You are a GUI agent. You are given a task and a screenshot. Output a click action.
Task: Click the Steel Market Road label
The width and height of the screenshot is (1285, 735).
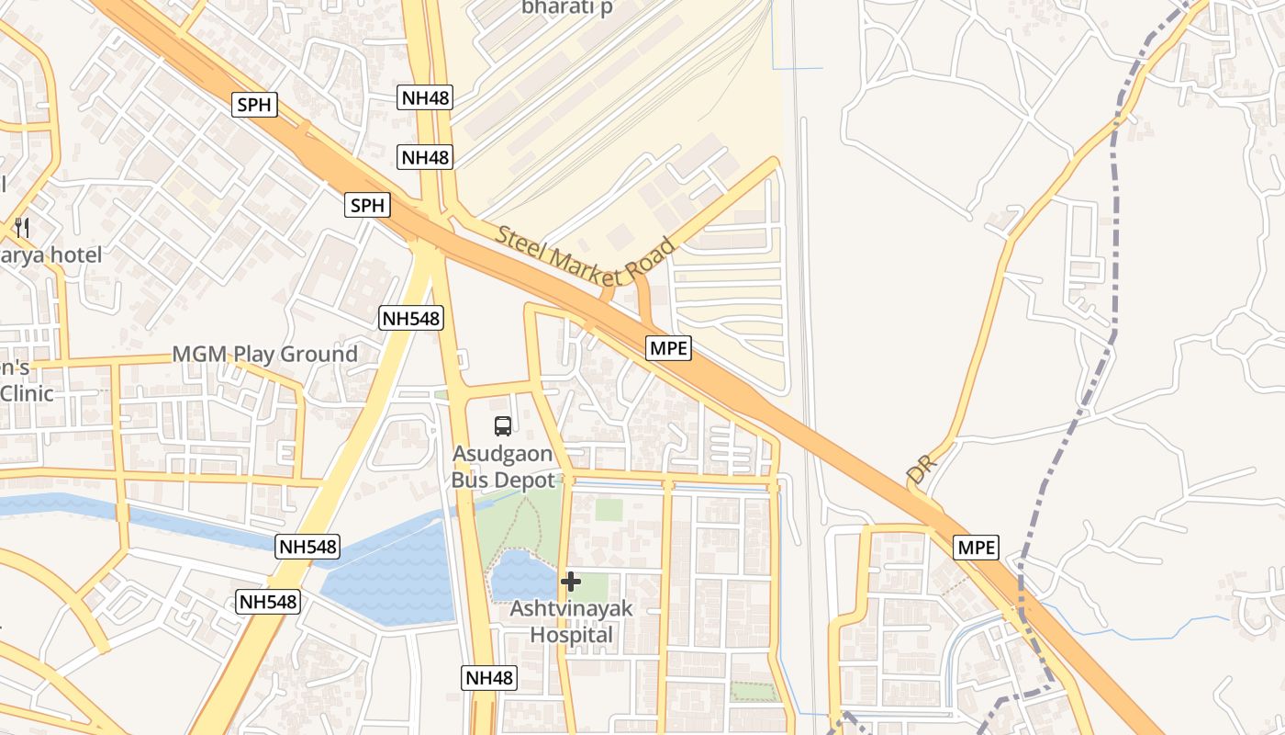pos(585,259)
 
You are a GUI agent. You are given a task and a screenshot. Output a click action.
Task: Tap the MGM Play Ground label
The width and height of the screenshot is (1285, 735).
pos(265,355)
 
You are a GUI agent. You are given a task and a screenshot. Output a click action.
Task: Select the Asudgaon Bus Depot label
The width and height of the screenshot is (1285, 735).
pos(503,467)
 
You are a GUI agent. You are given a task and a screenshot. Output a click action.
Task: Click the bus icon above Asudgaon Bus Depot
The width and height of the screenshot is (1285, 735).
pos(503,425)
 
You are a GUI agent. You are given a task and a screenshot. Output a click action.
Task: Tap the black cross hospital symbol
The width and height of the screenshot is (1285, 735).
pos(570,581)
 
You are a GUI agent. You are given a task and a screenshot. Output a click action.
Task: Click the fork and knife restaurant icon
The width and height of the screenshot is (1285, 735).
pos(22,227)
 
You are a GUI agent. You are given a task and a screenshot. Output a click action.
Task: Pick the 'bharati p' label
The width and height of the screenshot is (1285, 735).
pos(566,7)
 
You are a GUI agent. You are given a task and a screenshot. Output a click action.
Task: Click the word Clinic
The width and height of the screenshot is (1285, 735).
pos(27,393)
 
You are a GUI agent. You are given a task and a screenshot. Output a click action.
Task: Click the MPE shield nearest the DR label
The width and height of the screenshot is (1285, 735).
pos(976,548)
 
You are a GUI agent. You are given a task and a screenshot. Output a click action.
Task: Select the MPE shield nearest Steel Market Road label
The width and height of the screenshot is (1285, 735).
pos(668,348)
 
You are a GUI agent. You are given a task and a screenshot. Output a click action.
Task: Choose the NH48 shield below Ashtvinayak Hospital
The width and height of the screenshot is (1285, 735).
pos(488,678)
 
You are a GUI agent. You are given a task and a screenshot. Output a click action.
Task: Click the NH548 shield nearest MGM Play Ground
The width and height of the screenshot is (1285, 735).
pos(410,319)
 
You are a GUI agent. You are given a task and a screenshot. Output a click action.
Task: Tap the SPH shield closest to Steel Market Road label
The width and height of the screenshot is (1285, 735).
pos(367,206)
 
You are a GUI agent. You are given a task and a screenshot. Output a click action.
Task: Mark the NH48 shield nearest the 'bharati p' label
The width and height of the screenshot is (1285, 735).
pos(426,97)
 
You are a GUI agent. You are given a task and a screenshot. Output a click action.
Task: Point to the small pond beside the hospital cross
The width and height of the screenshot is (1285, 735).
pos(521,577)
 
